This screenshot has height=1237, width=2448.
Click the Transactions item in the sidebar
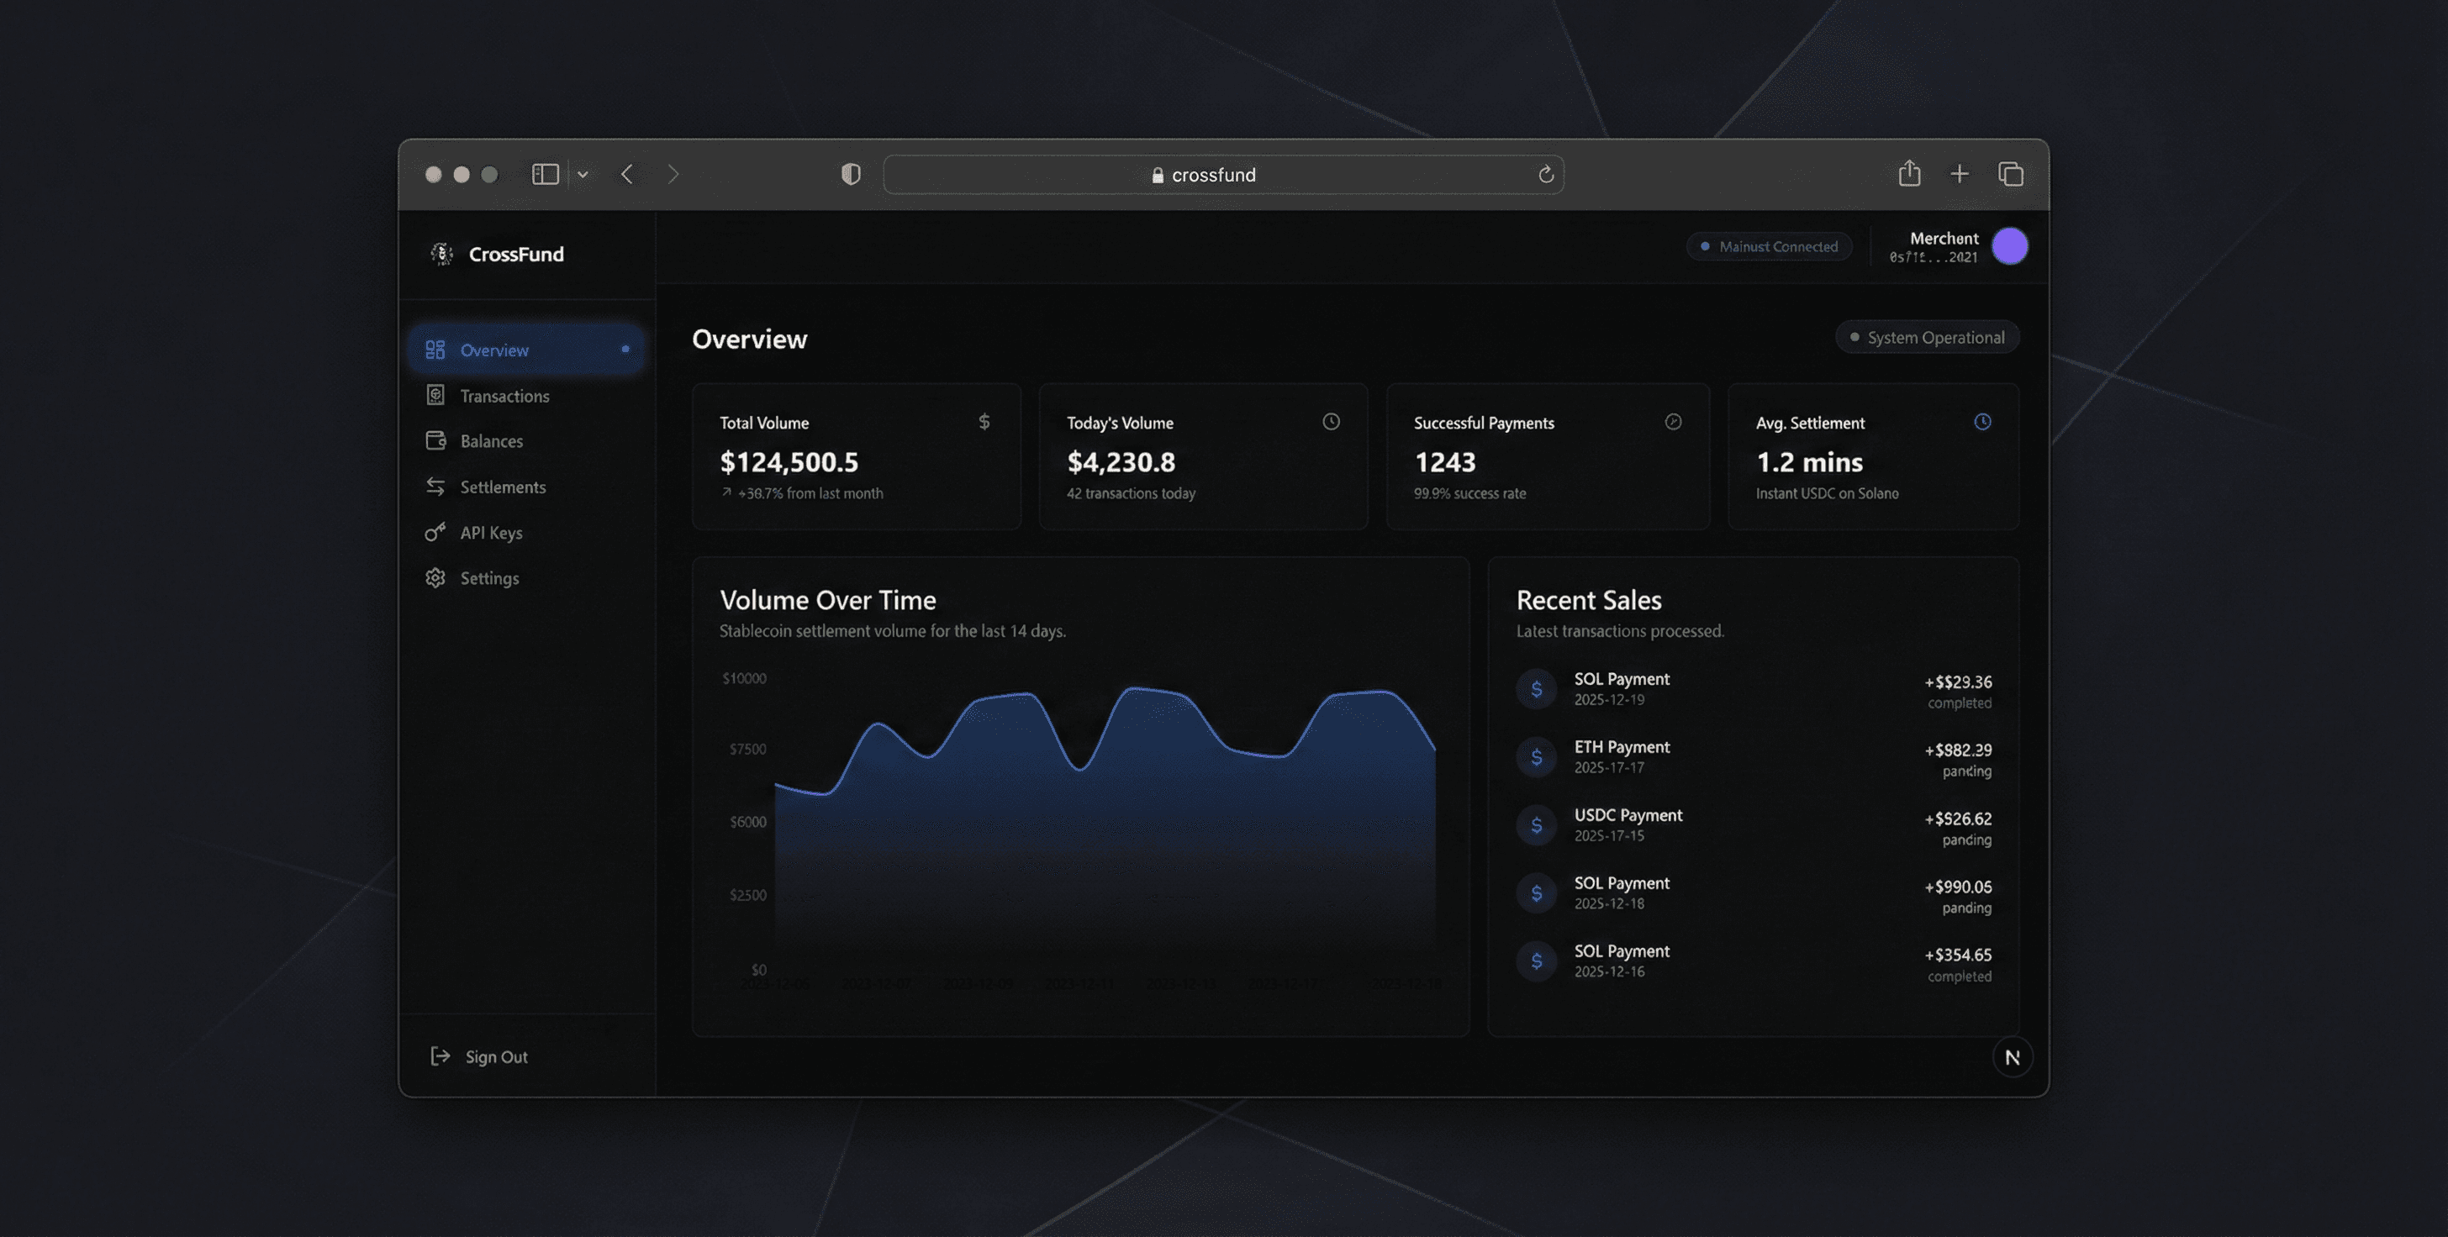504,396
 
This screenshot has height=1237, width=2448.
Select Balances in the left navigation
490,441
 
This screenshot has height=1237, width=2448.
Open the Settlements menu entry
502,487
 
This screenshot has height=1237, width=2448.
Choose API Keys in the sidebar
490,533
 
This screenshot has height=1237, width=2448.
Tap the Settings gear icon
435,577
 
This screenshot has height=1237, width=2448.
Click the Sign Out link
495,1056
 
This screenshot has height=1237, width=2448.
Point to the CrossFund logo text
516,254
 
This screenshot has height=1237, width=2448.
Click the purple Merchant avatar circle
2009,246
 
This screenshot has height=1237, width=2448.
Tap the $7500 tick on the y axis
747,750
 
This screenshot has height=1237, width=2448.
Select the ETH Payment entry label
1622,747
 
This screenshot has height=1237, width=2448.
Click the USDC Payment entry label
1627,815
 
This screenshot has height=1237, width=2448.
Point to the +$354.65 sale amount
1958,955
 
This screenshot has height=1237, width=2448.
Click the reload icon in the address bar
1545,175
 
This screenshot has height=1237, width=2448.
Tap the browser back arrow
627,175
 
